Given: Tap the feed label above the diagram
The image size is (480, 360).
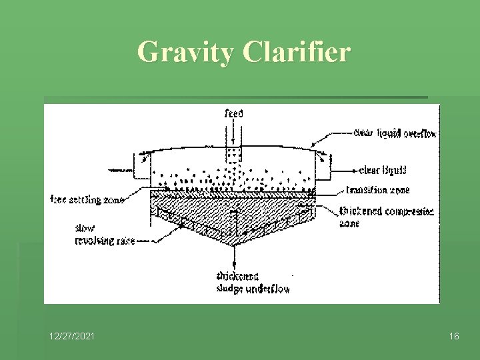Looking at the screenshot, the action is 233,113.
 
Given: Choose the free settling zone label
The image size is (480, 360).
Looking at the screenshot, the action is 87,198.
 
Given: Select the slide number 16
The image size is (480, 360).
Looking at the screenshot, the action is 453,337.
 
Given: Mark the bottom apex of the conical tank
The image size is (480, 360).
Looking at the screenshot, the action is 233,243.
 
